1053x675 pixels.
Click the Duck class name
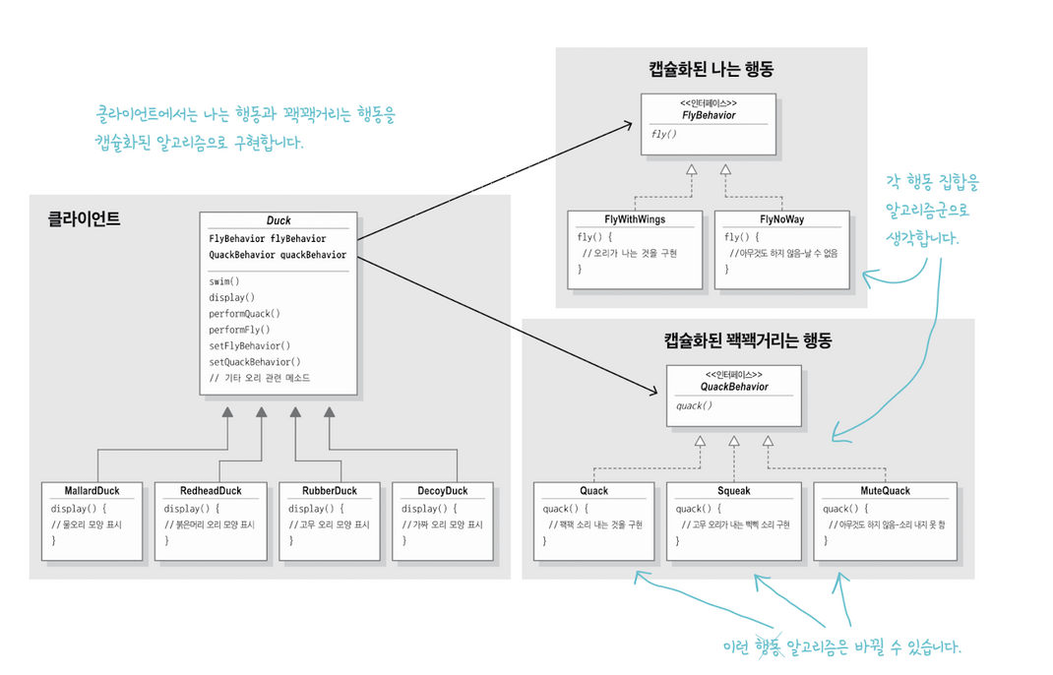point(279,221)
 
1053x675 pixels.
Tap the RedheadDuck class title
point(210,491)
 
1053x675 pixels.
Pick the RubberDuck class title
point(330,491)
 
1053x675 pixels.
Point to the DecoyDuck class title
point(442,491)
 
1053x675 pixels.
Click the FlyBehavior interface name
point(709,115)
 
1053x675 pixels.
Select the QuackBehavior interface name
point(734,387)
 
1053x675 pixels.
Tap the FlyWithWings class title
point(635,219)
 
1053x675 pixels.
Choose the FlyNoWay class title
point(781,219)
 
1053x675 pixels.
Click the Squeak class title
point(734,490)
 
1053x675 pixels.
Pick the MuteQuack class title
point(885,490)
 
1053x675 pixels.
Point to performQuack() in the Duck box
point(245,314)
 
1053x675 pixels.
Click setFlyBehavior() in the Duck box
point(250,345)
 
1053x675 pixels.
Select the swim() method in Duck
point(224,281)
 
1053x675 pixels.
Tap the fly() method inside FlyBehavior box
point(663,134)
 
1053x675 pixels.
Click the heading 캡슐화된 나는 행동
point(711,69)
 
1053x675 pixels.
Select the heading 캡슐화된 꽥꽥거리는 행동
point(748,341)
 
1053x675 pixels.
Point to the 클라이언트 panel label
point(84,219)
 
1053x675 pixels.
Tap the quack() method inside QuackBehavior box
point(694,405)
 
